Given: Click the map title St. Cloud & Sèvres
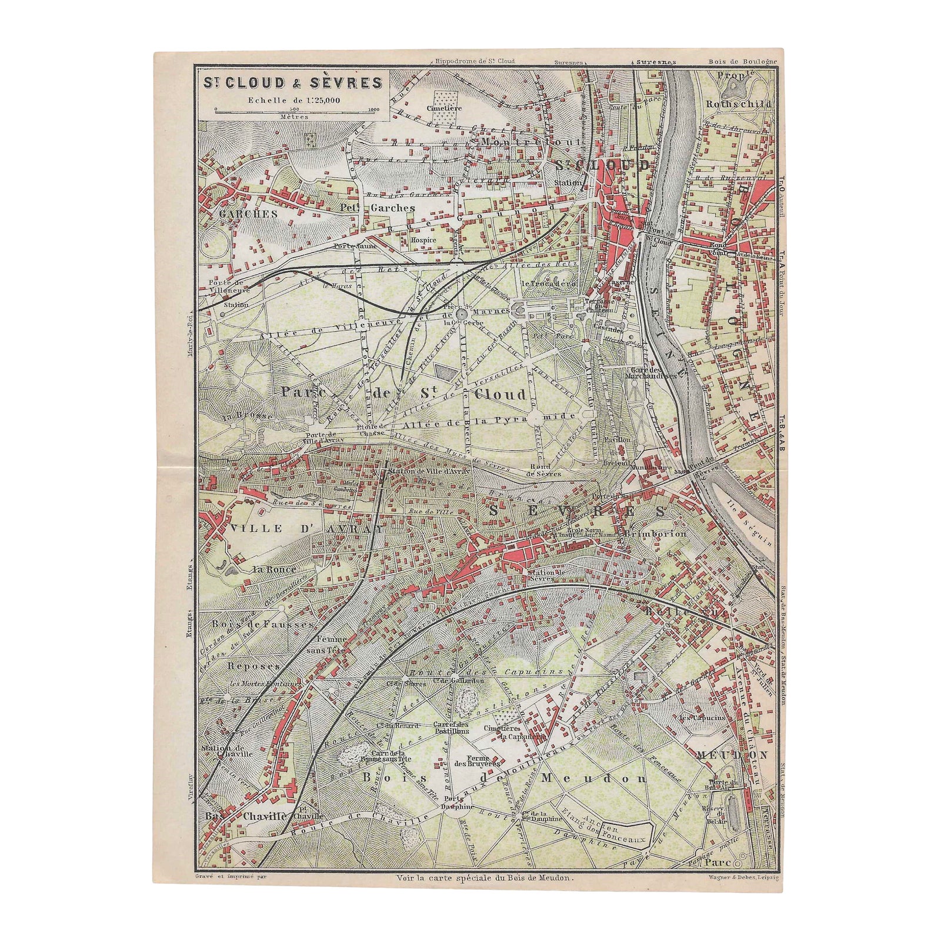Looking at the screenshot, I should point(292,82).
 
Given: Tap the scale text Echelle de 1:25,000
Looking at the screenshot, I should point(294,99).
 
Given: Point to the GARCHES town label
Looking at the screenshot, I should point(248,214).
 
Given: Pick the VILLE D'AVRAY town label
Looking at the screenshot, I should point(305,529).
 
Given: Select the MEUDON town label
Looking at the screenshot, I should point(732,755).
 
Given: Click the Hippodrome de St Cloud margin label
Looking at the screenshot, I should point(475,61).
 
